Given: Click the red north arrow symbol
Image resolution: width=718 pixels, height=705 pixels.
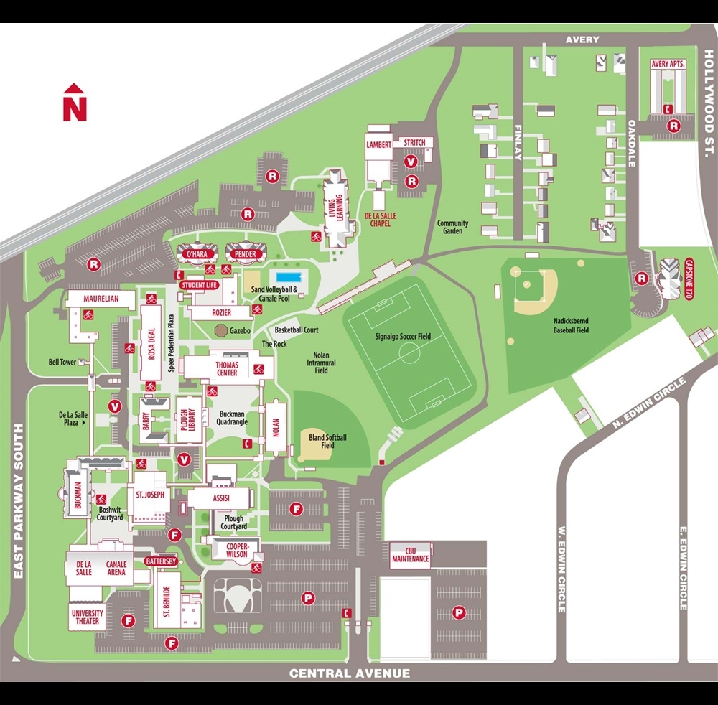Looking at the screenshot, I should point(75,103).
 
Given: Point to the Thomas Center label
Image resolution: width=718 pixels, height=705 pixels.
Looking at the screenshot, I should point(227,368).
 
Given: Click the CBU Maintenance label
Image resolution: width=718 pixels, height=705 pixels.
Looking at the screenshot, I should point(411,554).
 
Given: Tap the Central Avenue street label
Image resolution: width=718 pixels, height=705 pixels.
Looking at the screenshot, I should point(350,673).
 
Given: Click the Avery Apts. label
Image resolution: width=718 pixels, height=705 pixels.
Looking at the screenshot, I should point(668,64).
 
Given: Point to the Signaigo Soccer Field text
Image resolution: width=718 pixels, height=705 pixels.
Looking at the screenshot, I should point(402,336).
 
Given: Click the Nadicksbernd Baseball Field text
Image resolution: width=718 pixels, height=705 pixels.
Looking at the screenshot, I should point(571,326).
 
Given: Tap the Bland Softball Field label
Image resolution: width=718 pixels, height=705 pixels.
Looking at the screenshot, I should point(327,441).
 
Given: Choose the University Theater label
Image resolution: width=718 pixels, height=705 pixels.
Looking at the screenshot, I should point(88,617).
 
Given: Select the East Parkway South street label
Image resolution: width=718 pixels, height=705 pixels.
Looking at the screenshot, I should point(19,501).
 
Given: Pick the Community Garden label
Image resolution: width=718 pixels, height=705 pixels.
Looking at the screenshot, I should point(452,227).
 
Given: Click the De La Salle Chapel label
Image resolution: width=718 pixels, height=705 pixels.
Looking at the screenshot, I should point(381,220).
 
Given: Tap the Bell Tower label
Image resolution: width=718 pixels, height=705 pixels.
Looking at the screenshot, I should point(62,363).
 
